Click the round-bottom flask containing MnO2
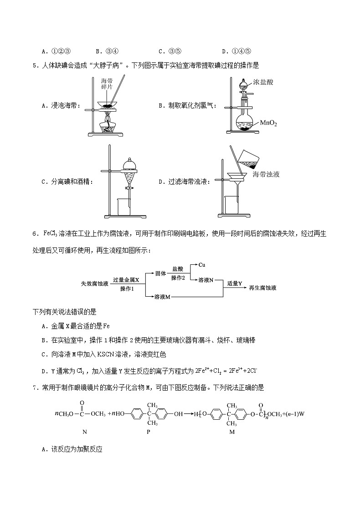coord(247,121)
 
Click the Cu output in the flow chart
coord(201,265)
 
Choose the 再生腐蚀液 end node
coord(263,288)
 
